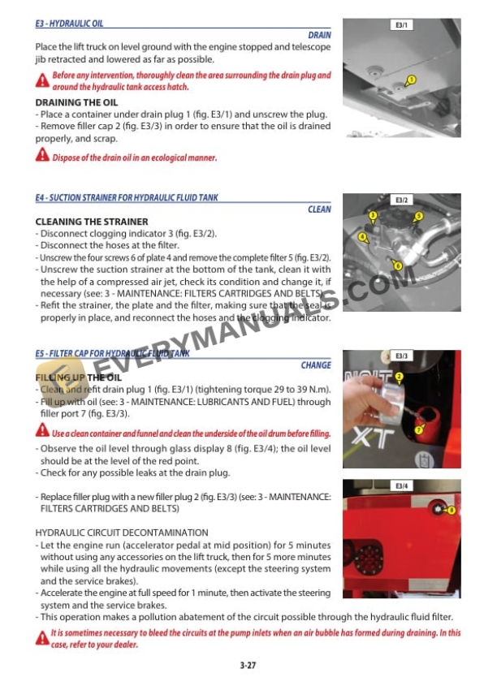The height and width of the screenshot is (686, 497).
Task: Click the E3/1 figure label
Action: (x=402, y=26)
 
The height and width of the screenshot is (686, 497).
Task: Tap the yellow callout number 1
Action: (x=411, y=80)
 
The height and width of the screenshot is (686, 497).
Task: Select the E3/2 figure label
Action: (x=402, y=200)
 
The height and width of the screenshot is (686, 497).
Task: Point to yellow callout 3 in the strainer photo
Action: (x=373, y=215)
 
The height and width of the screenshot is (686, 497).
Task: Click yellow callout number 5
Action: (x=419, y=216)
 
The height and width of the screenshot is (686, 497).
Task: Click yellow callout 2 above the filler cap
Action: (x=399, y=377)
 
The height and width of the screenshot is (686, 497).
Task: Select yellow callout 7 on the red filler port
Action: (x=419, y=429)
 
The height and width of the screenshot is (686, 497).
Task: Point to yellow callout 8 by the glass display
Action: (x=451, y=510)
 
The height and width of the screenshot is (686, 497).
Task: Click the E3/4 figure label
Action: (x=402, y=486)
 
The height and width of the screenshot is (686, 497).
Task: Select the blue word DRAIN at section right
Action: (x=319, y=36)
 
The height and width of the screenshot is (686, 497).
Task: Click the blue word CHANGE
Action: (x=316, y=366)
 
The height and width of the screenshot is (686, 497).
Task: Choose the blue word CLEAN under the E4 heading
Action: (x=319, y=209)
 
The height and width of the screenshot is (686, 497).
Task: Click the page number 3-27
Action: (x=248, y=665)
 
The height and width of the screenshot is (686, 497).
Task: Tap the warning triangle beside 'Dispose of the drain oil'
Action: (x=42, y=156)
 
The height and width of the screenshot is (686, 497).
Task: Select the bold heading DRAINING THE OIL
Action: (x=76, y=103)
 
